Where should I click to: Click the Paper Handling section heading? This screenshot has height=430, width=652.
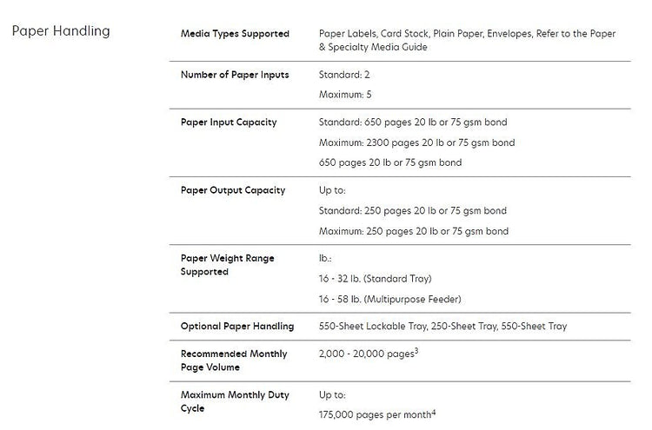61,31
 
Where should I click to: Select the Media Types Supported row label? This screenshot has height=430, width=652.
235,34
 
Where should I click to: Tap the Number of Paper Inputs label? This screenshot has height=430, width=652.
235,75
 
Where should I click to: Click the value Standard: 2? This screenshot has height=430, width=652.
345,75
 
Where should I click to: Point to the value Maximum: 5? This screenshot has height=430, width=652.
346,94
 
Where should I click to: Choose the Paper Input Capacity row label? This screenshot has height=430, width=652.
229,122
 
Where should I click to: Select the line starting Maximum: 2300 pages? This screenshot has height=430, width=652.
417,142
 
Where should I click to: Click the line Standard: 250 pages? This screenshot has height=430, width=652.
413,210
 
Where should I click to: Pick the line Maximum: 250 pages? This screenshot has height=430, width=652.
414,231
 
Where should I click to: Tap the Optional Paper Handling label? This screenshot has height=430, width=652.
237,327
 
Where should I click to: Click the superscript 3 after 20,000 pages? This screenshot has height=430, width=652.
416,351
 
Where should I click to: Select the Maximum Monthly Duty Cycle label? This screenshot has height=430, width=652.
235,401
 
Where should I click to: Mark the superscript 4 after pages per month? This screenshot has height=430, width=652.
435,412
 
